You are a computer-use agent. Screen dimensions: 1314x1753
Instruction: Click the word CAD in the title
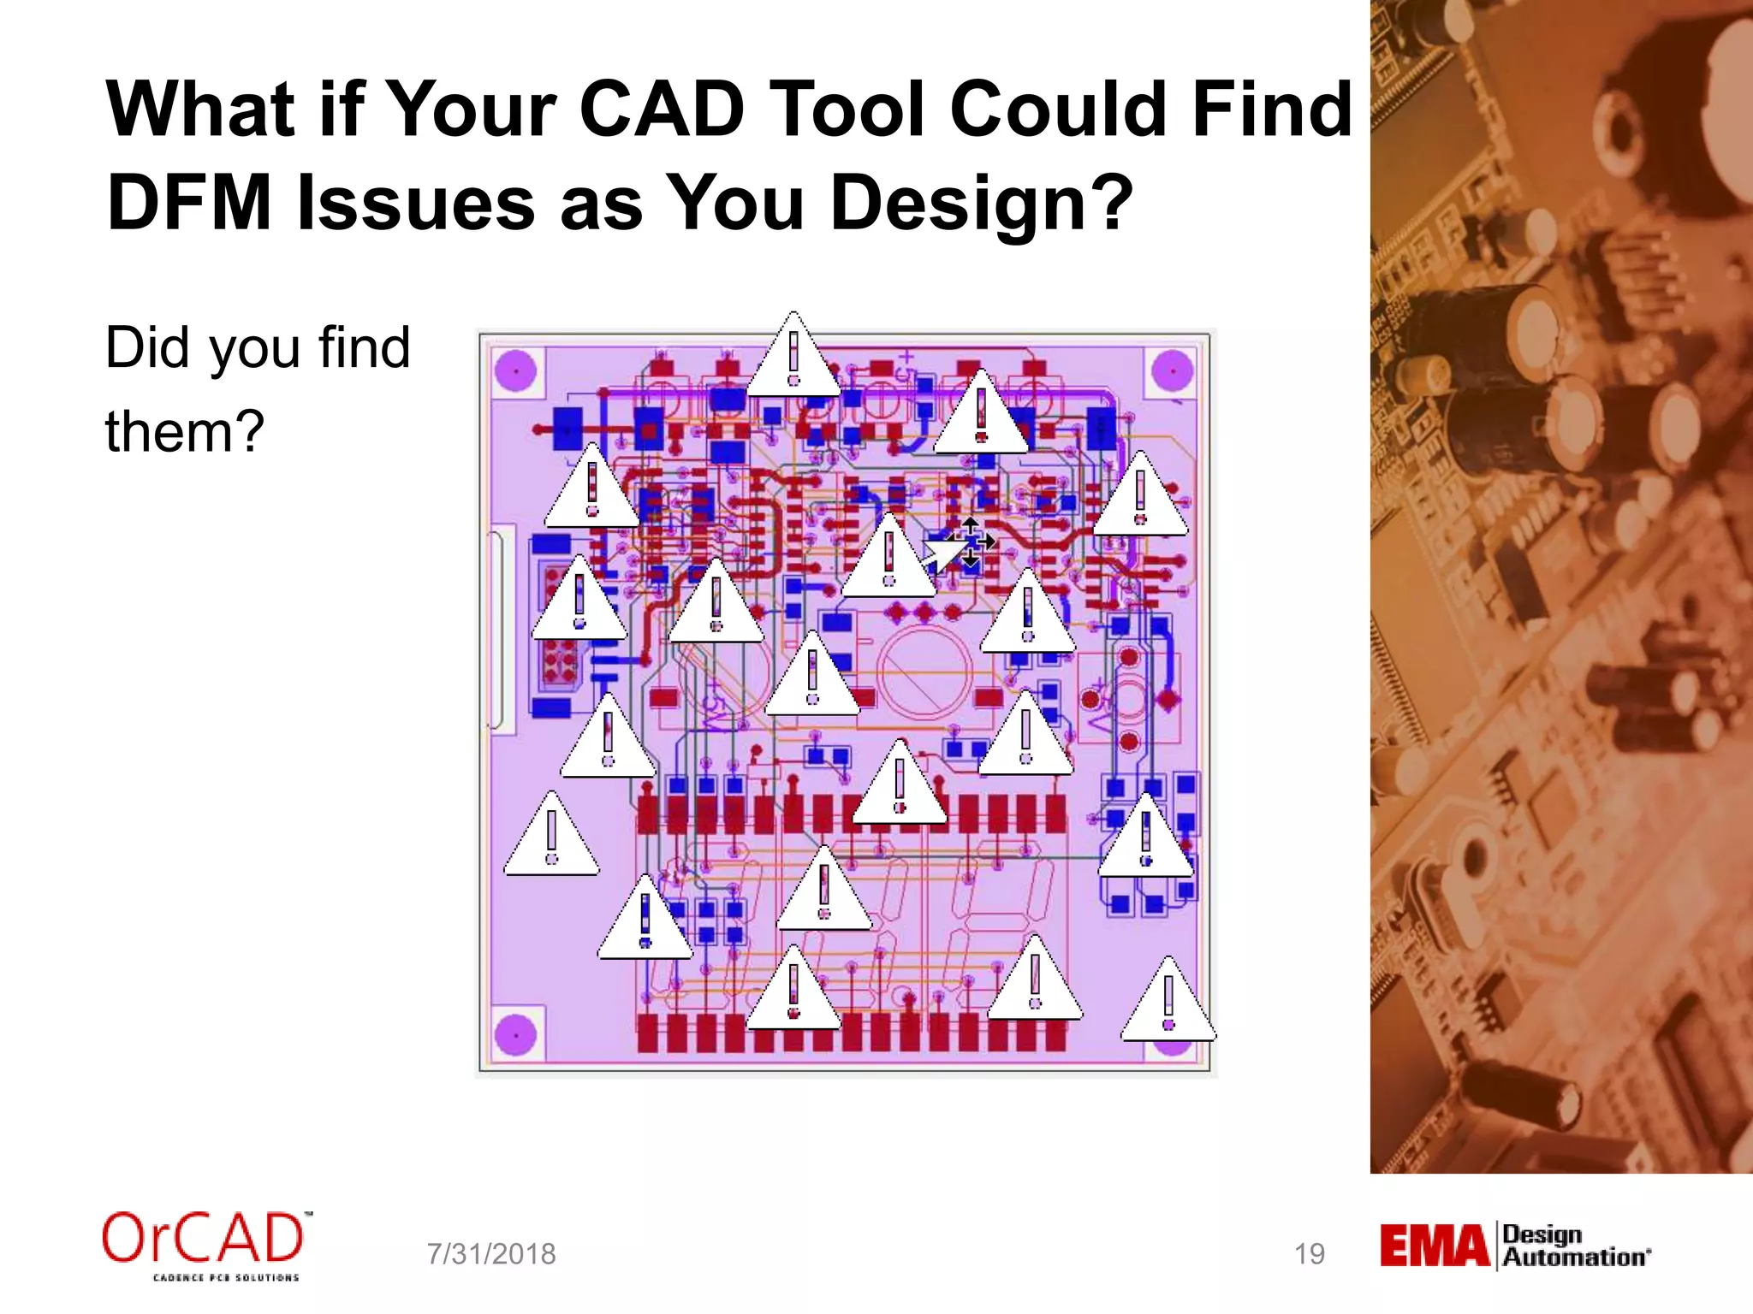pos(661,109)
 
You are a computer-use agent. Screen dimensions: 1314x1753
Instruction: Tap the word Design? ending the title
pos(981,204)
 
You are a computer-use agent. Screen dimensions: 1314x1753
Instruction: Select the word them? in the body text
pos(184,431)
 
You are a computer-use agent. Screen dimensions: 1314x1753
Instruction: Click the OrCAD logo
pos(203,1239)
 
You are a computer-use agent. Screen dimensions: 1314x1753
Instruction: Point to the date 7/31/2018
pos(491,1254)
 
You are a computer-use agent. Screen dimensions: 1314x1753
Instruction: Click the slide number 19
pos(1309,1254)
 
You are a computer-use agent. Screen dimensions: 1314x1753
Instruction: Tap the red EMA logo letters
pos(1435,1246)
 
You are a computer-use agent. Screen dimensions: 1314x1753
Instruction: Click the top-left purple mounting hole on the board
pos(516,370)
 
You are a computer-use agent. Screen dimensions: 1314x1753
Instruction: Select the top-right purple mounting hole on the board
pos(1173,370)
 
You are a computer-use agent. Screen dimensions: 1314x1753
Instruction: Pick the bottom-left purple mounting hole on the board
pos(516,1035)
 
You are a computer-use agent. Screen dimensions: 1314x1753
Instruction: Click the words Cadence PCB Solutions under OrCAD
pos(225,1277)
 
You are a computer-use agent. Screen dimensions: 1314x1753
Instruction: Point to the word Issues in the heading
pos(416,204)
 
